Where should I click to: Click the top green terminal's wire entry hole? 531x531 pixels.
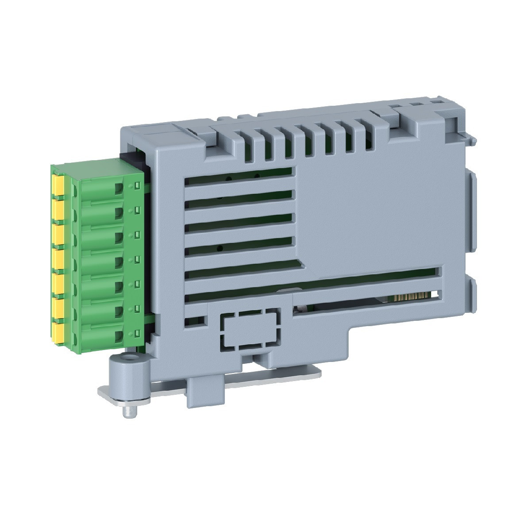pos(119,189)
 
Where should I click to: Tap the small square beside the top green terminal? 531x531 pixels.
pos(137,184)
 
